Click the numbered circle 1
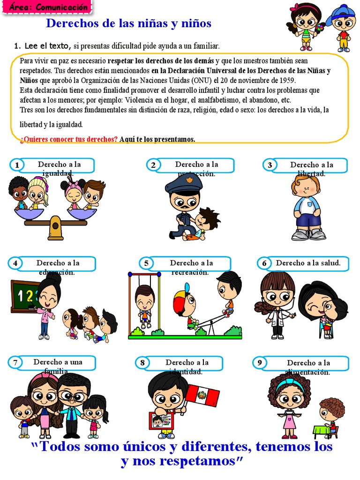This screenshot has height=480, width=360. point(17,165)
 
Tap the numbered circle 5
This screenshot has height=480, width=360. point(146,263)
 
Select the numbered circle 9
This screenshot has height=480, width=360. point(259,363)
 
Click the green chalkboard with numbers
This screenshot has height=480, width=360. point(25,296)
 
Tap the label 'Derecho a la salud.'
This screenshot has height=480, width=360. point(308,263)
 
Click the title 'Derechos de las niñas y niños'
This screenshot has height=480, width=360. point(128,23)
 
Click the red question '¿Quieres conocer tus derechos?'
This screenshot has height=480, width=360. point(69,139)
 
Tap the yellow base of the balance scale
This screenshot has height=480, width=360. point(55,228)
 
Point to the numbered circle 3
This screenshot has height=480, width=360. point(270,165)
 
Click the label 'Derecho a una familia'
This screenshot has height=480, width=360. point(58,363)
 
